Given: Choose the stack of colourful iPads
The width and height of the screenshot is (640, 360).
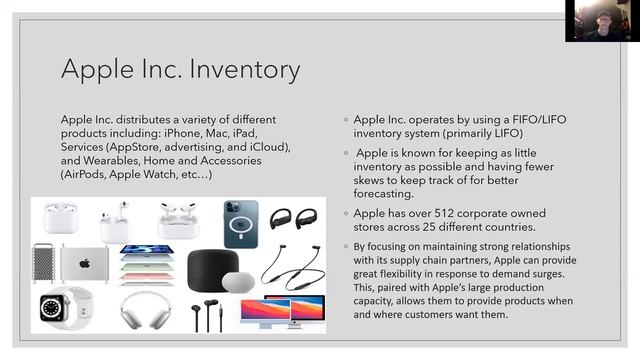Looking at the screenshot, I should point(146,267).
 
